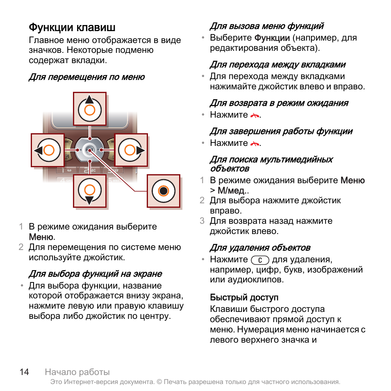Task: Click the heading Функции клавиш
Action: (x=72, y=27)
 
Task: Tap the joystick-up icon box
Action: (x=90, y=109)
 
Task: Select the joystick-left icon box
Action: (x=48, y=150)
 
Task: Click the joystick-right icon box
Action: (x=131, y=150)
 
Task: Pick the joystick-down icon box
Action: (x=90, y=191)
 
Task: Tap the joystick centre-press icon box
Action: (x=164, y=191)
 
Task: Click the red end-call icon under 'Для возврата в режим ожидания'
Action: (x=255, y=116)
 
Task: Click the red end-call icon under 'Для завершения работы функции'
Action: (x=255, y=143)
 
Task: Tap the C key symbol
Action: (x=260, y=260)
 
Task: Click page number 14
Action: (x=25, y=372)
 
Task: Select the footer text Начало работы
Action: (x=77, y=372)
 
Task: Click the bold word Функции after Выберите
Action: (x=272, y=38)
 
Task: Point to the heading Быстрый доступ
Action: (x=244, y=298)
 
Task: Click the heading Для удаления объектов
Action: (x=260, y=248)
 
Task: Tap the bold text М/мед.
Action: (x=231, y=191)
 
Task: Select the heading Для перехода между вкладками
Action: (x=277, y=65)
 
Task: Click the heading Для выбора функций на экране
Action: (x=95, y=274)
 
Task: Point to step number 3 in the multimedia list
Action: (x=202, y=221)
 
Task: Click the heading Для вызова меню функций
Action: (x=267, y=26)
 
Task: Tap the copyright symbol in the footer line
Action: (x=159, y=382)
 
